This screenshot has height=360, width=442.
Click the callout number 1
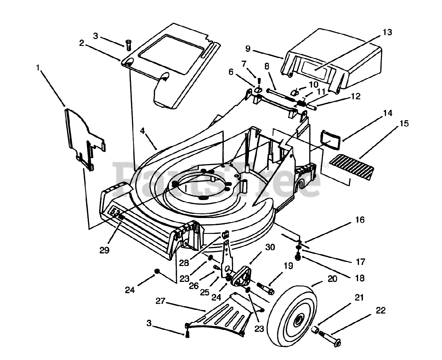38,67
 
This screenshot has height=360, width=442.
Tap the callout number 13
387,32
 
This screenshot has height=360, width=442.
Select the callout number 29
104,250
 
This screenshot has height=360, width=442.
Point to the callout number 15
404,123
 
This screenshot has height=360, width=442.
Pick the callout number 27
161,301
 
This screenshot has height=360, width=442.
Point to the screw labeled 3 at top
128,45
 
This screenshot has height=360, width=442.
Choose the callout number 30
270,247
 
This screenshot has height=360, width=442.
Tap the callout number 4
142,131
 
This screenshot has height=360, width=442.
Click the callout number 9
248,49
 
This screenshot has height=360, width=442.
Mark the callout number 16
359,220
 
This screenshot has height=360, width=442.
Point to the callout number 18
359,278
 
